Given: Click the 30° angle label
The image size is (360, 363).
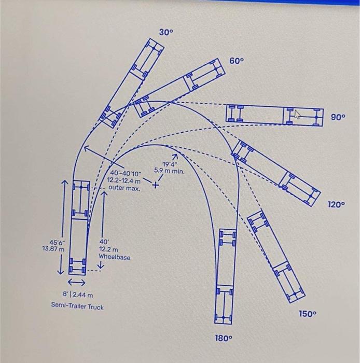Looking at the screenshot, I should (166, 32).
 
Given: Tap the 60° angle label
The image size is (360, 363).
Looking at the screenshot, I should (237, 61).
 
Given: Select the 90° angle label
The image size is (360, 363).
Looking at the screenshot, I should (339, 117).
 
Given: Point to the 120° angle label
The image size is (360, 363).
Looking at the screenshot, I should (336, 204).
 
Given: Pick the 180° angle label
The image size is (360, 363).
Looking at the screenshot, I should (223, 338).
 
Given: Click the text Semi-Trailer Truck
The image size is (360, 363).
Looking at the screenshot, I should (77, 306).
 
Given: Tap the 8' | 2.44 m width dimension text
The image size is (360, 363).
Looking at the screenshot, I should (78, 295).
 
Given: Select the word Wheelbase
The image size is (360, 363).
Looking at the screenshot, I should (115, 257).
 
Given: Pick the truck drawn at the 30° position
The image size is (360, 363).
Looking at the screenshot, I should (132, 83).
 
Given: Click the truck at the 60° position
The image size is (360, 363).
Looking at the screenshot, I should (178, 87).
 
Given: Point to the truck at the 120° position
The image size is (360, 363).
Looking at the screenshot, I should (275, 171).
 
